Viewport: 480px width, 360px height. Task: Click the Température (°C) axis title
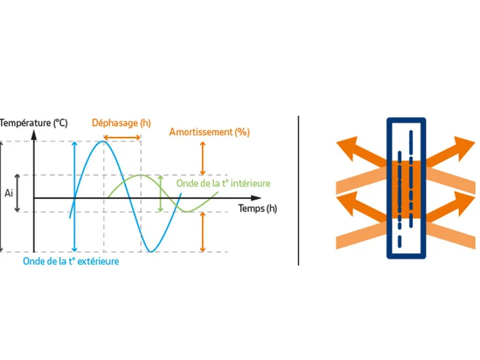tap(33, 123)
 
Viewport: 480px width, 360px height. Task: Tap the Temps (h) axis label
tap(258, 209)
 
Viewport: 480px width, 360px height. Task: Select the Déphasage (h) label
tap(121, 123)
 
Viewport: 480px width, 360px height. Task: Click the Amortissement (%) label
tap(209, 132)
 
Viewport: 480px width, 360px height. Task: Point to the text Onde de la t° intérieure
tap(223, 183)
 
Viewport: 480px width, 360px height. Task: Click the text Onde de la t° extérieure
tap(71, 261)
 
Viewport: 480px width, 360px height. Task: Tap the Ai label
tap(9, 193)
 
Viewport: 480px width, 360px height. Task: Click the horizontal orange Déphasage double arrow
tap(122, 138)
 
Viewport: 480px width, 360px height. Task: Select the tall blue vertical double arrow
tap(74, 196)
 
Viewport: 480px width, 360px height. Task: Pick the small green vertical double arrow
tap(160, 194)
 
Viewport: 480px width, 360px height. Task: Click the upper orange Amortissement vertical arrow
tap(202, 158)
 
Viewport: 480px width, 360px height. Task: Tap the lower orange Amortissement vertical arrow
tap(202, 232)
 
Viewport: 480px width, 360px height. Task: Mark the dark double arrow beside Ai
tap(17, 193)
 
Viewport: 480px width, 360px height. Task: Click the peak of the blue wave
tap(104, 141)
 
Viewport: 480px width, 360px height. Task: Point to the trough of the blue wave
tap(151, 252)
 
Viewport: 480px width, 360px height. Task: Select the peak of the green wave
tap(140, 175)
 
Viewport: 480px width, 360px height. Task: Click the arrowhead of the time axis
tap(256, 198)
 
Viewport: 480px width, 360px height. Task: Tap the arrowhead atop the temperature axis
tap(34, 135)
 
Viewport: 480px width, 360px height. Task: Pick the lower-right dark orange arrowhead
tap(464, 202)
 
